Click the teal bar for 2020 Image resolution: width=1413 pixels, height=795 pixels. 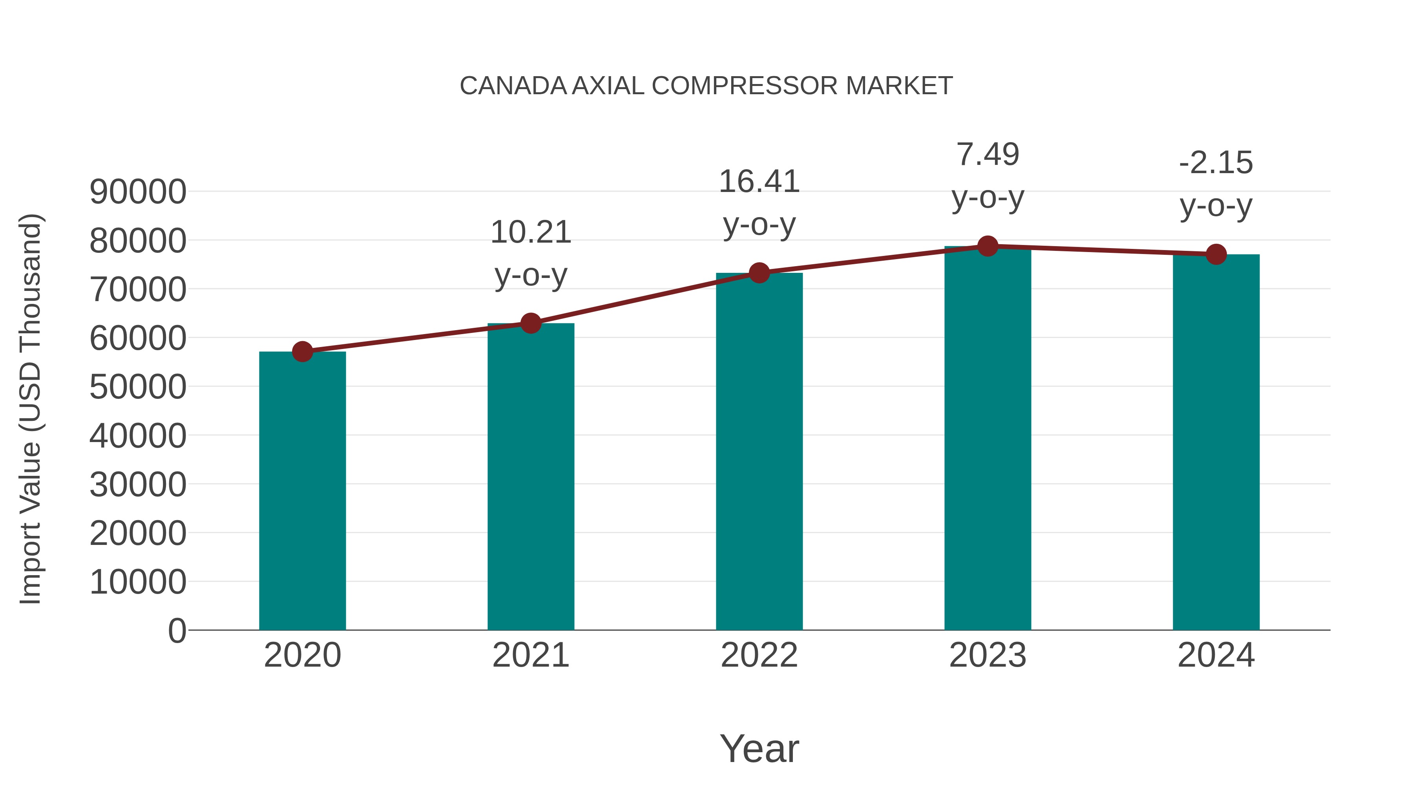[x=302, y=491]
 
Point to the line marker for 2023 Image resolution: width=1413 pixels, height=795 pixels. [x=988, y=246]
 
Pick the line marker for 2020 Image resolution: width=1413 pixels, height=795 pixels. [x=302, y=352]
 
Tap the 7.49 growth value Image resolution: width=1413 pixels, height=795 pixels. [x=988, y=155]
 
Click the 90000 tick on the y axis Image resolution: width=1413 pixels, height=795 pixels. [x=138, y=192]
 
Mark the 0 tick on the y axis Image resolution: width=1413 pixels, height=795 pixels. [x=177, y=631]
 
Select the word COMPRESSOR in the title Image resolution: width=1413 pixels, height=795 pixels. [x=744, y=86]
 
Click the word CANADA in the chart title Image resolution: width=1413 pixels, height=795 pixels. [x=513, y=86]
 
